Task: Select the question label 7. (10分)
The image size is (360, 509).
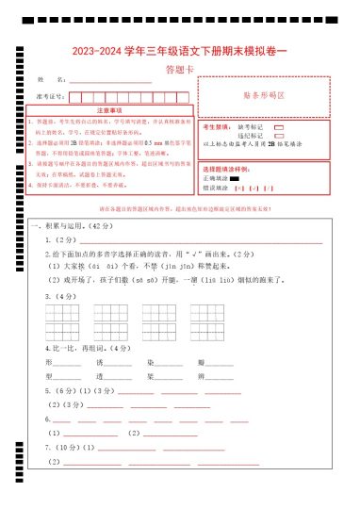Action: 63,447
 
